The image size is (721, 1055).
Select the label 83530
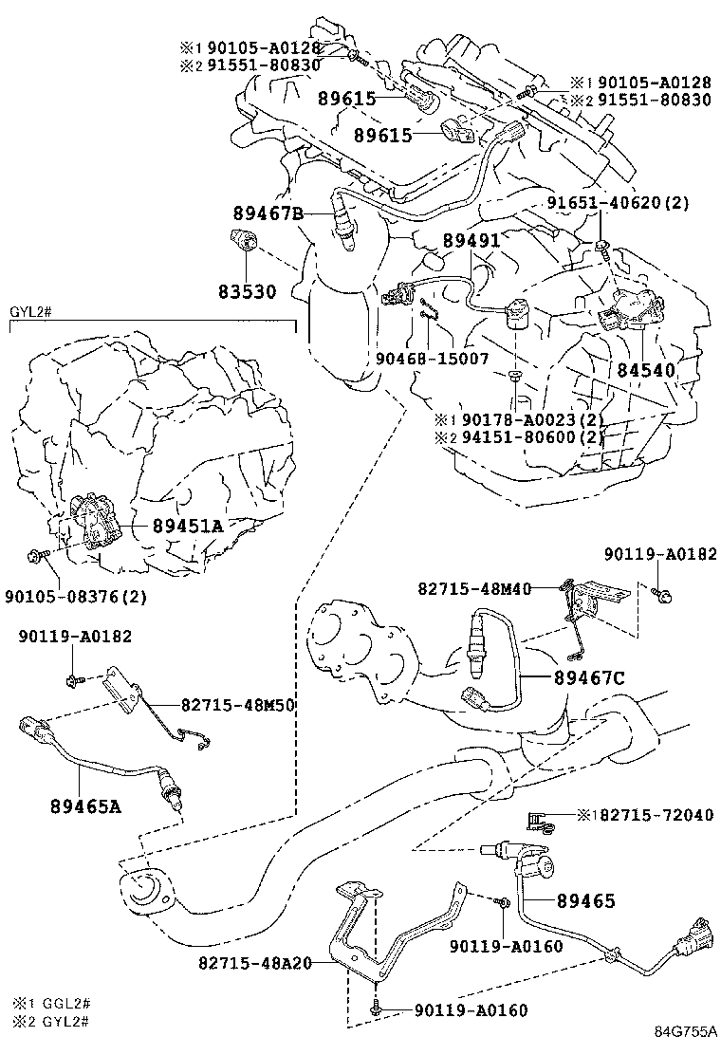tap(243, 292)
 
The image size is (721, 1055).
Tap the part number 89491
tap(470, 242)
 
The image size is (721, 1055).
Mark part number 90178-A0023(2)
tap(530, 420)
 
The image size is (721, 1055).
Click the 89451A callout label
tap(188, 526)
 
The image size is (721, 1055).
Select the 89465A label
tap(85, 807)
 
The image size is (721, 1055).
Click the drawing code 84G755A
tap(683, 1032)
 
